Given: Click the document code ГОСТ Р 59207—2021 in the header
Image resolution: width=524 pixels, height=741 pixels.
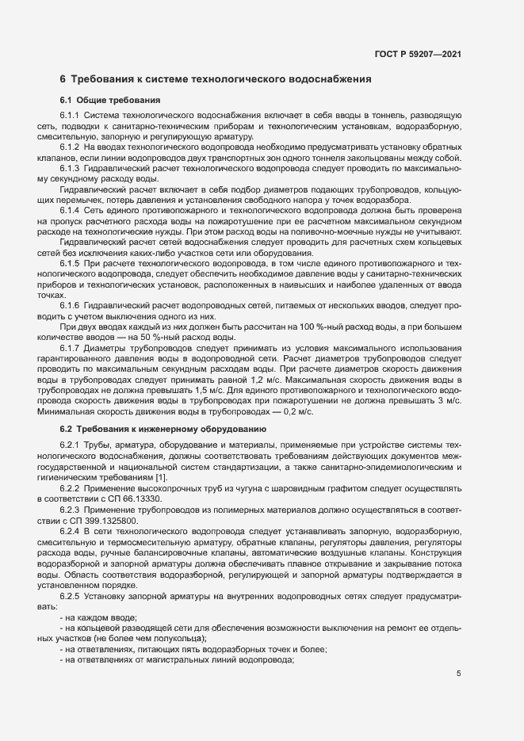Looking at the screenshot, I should (418, 55).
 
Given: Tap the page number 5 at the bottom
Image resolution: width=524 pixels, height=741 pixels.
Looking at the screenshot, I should (459, 674).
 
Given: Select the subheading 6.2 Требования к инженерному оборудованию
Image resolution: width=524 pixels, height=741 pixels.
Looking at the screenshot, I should (163, 429).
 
